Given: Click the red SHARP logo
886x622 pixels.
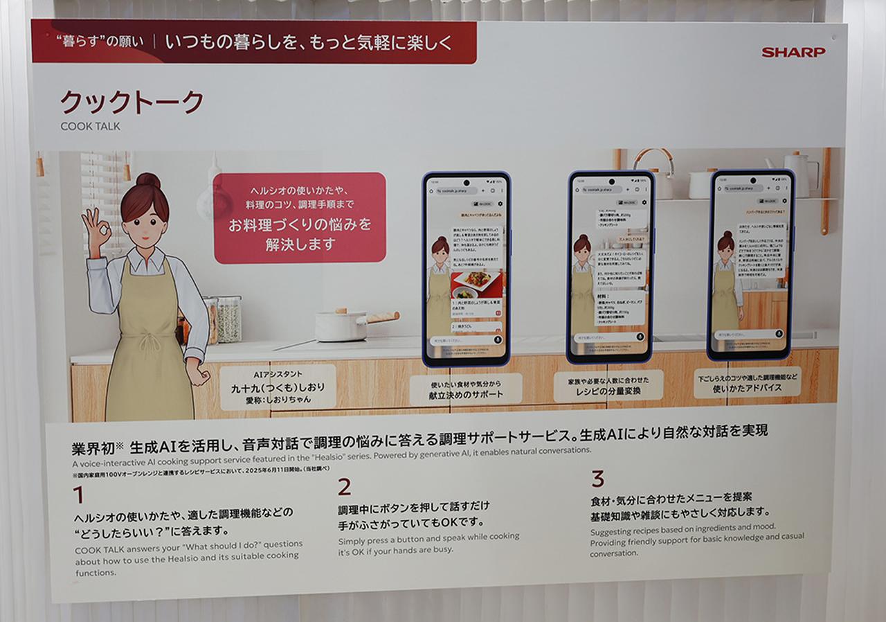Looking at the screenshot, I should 793,52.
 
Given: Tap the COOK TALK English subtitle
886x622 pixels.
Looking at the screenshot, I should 90,126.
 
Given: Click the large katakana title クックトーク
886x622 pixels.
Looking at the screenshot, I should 132,103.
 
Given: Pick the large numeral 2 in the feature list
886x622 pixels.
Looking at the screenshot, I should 344,488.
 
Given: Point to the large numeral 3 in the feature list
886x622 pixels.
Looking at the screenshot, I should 597,479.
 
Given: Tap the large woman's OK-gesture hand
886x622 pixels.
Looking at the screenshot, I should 96,231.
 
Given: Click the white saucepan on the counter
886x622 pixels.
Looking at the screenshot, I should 341,325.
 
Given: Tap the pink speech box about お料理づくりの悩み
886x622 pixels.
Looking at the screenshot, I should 300,217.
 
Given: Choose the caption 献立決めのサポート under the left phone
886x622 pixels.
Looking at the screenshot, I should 465,390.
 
